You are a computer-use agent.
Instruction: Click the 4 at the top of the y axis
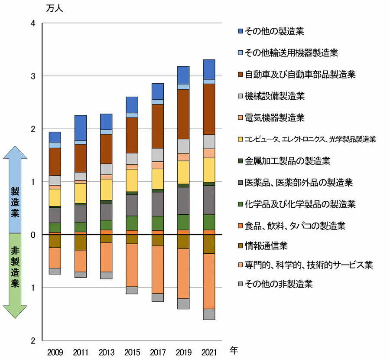[x=33, y=23]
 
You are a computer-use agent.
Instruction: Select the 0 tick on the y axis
[x=33, y=235]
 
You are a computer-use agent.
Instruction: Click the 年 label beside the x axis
[x=234, y=350]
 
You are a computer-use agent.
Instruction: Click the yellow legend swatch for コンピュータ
[x=241, y=140]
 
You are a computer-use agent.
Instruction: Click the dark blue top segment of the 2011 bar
[x=81, y=128]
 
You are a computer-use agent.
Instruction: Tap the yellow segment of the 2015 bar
[x=132, y=180]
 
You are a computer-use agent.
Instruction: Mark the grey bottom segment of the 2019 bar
[x=183, y=304]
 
